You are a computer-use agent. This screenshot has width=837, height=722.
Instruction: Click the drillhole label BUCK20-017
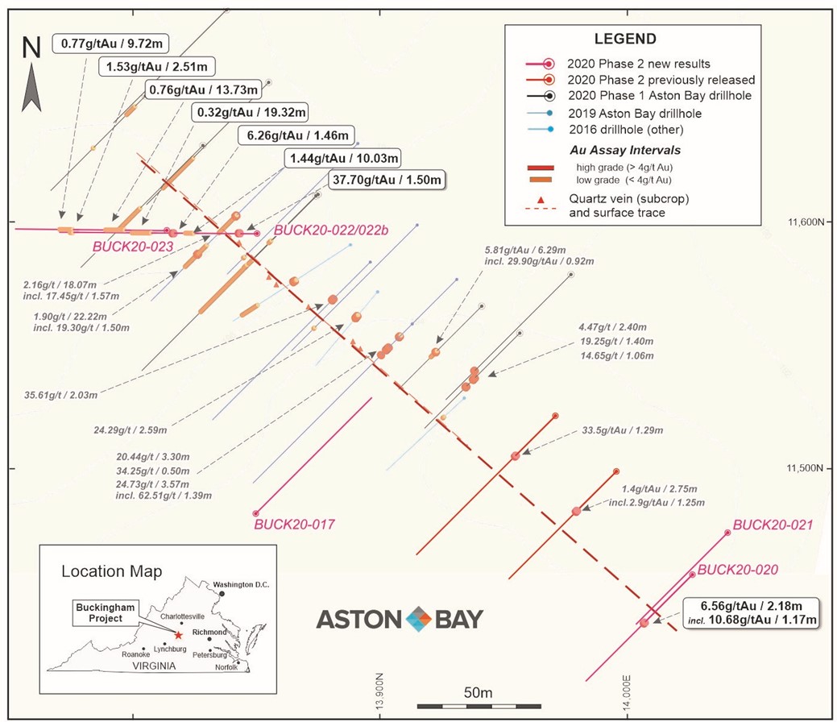point(293,525)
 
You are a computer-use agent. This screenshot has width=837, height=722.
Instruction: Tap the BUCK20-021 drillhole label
point(773,525)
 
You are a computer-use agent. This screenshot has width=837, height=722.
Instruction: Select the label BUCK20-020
point(737,570)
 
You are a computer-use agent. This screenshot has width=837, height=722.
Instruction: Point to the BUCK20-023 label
point(133,247)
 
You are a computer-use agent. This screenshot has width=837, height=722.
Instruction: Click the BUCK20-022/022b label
point(331,230)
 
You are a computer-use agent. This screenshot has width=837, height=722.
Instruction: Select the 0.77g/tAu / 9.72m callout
point(112,44)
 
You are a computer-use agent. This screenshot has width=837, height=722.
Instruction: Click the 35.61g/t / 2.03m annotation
point(61,395)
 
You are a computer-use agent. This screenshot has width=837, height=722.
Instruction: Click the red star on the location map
point(178,635)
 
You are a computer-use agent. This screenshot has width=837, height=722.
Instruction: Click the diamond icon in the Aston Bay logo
point(419,619)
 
